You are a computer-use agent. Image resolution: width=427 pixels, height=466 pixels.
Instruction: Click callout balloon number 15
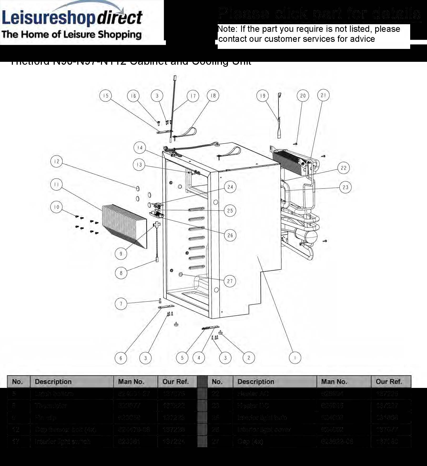click(105, 96)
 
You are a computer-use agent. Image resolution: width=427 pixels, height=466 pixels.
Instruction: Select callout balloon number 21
click(323, 95)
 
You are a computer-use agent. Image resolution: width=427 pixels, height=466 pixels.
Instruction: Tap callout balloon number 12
click(57, 161)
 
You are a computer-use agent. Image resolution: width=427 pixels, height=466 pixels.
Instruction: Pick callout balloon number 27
click(230, 281)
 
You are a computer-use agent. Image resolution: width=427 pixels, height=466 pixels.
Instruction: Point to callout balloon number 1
click(295, 358)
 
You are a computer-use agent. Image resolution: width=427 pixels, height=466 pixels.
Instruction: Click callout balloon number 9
click(121, 254)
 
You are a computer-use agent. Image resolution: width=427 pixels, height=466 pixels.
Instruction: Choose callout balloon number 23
click(345, 187)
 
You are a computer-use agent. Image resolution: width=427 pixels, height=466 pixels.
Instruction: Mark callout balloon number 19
click(262, 96)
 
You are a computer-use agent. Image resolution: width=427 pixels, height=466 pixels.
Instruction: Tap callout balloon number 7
click(121, 304)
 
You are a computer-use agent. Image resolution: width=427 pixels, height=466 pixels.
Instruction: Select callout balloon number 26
click(230, 235)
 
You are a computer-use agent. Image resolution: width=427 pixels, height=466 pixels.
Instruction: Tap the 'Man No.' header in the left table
click(131, 382)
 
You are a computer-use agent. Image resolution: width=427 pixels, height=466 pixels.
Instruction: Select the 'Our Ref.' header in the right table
click(389, 382)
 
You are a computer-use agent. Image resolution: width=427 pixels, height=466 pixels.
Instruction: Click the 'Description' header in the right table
click(256, 382)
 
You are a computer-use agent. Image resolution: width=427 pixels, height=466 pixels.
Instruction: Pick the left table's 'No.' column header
click(17, 382)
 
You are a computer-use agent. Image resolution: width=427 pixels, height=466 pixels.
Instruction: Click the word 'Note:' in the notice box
click(228, 29)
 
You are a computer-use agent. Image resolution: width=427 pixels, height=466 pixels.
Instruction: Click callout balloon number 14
click(140, 148)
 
